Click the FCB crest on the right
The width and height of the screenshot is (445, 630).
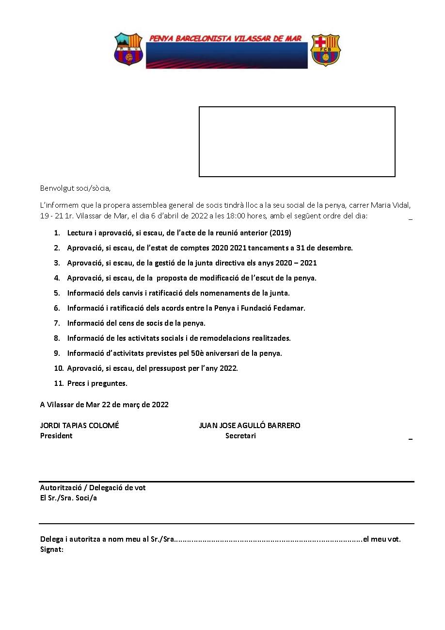pyautogui.click(x=325, y=50)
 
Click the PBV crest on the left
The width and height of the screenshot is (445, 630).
pyautogui.click(x=128, y=49)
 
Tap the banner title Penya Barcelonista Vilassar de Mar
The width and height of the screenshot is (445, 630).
pyautogui.click(x=225, y=38)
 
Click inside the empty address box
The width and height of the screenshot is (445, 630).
pyautogui.click(x=297, y=141)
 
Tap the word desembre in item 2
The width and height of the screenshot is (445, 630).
pyautogui.click(x=335, y=248)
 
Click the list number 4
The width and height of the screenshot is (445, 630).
pyautogui.click(x=57, y=278)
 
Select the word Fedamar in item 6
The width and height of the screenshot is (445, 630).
pyautogui.click(x=290, y=308)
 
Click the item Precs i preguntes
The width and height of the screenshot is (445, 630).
pyautogui.click(x=97, y=383)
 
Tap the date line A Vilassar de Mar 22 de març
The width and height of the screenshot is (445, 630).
pyautogui.click(x=104, y=404)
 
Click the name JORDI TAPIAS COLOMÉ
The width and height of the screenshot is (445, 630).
pyautogui.click(x=79, y=425)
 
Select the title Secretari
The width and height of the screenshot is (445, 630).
pyautogui.click(x=240, y=435)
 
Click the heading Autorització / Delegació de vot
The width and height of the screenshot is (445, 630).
pyautogui.click(x=93, y=487)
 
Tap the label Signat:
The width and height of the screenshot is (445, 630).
pyautogui.click(x=52, y=549)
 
